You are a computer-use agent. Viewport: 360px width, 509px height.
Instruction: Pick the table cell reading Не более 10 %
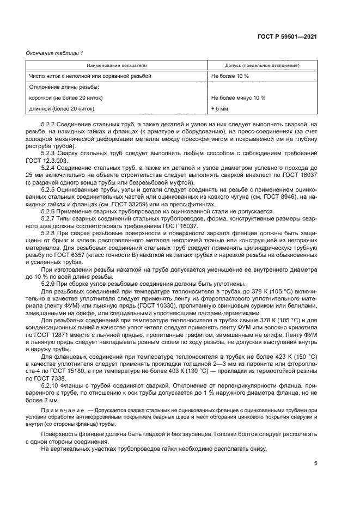tap(230, 76)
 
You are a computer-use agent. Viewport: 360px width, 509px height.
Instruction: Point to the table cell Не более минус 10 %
tap(238, 98)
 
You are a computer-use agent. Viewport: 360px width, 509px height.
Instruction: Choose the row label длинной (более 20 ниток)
tap(62, 109)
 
